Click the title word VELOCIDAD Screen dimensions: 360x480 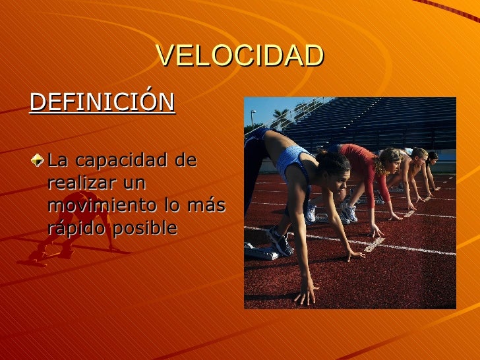(x=240, y=57)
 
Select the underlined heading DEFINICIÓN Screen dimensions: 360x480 (x=102, y=102)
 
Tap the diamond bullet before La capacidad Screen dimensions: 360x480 (x=42, y=160)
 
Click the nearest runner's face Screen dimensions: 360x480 (x=328, y=173)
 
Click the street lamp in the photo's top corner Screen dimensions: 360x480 (x=253, y=116)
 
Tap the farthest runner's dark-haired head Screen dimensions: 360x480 (x=432, y=157)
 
